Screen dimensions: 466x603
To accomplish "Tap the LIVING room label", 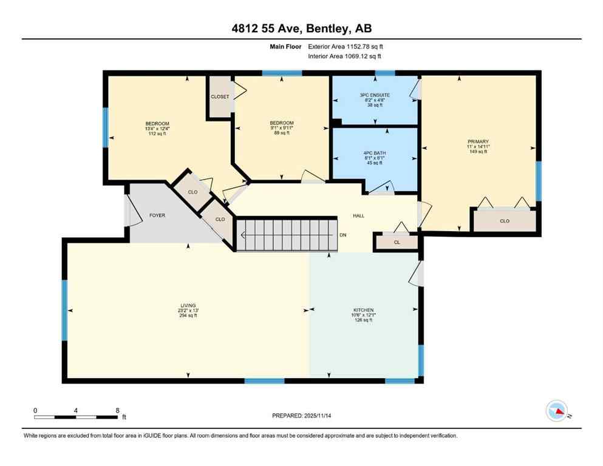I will click(188, 305).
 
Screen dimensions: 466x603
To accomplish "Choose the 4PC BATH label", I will click(375, 153).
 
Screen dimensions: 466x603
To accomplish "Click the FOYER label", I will click(157, 215).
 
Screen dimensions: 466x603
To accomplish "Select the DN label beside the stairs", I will click(343, 235).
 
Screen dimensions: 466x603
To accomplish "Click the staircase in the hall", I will click(285, 235).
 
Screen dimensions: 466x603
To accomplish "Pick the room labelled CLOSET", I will click(220, 96).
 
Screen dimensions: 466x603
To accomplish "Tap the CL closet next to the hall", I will click(397, 241).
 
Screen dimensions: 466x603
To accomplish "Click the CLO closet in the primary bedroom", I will click(504, 221).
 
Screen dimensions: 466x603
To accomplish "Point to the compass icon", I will click(556, 411).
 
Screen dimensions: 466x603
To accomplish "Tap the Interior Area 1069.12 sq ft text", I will click(344, 56).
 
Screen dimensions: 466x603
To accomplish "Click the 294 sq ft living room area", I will click(188, 316).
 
